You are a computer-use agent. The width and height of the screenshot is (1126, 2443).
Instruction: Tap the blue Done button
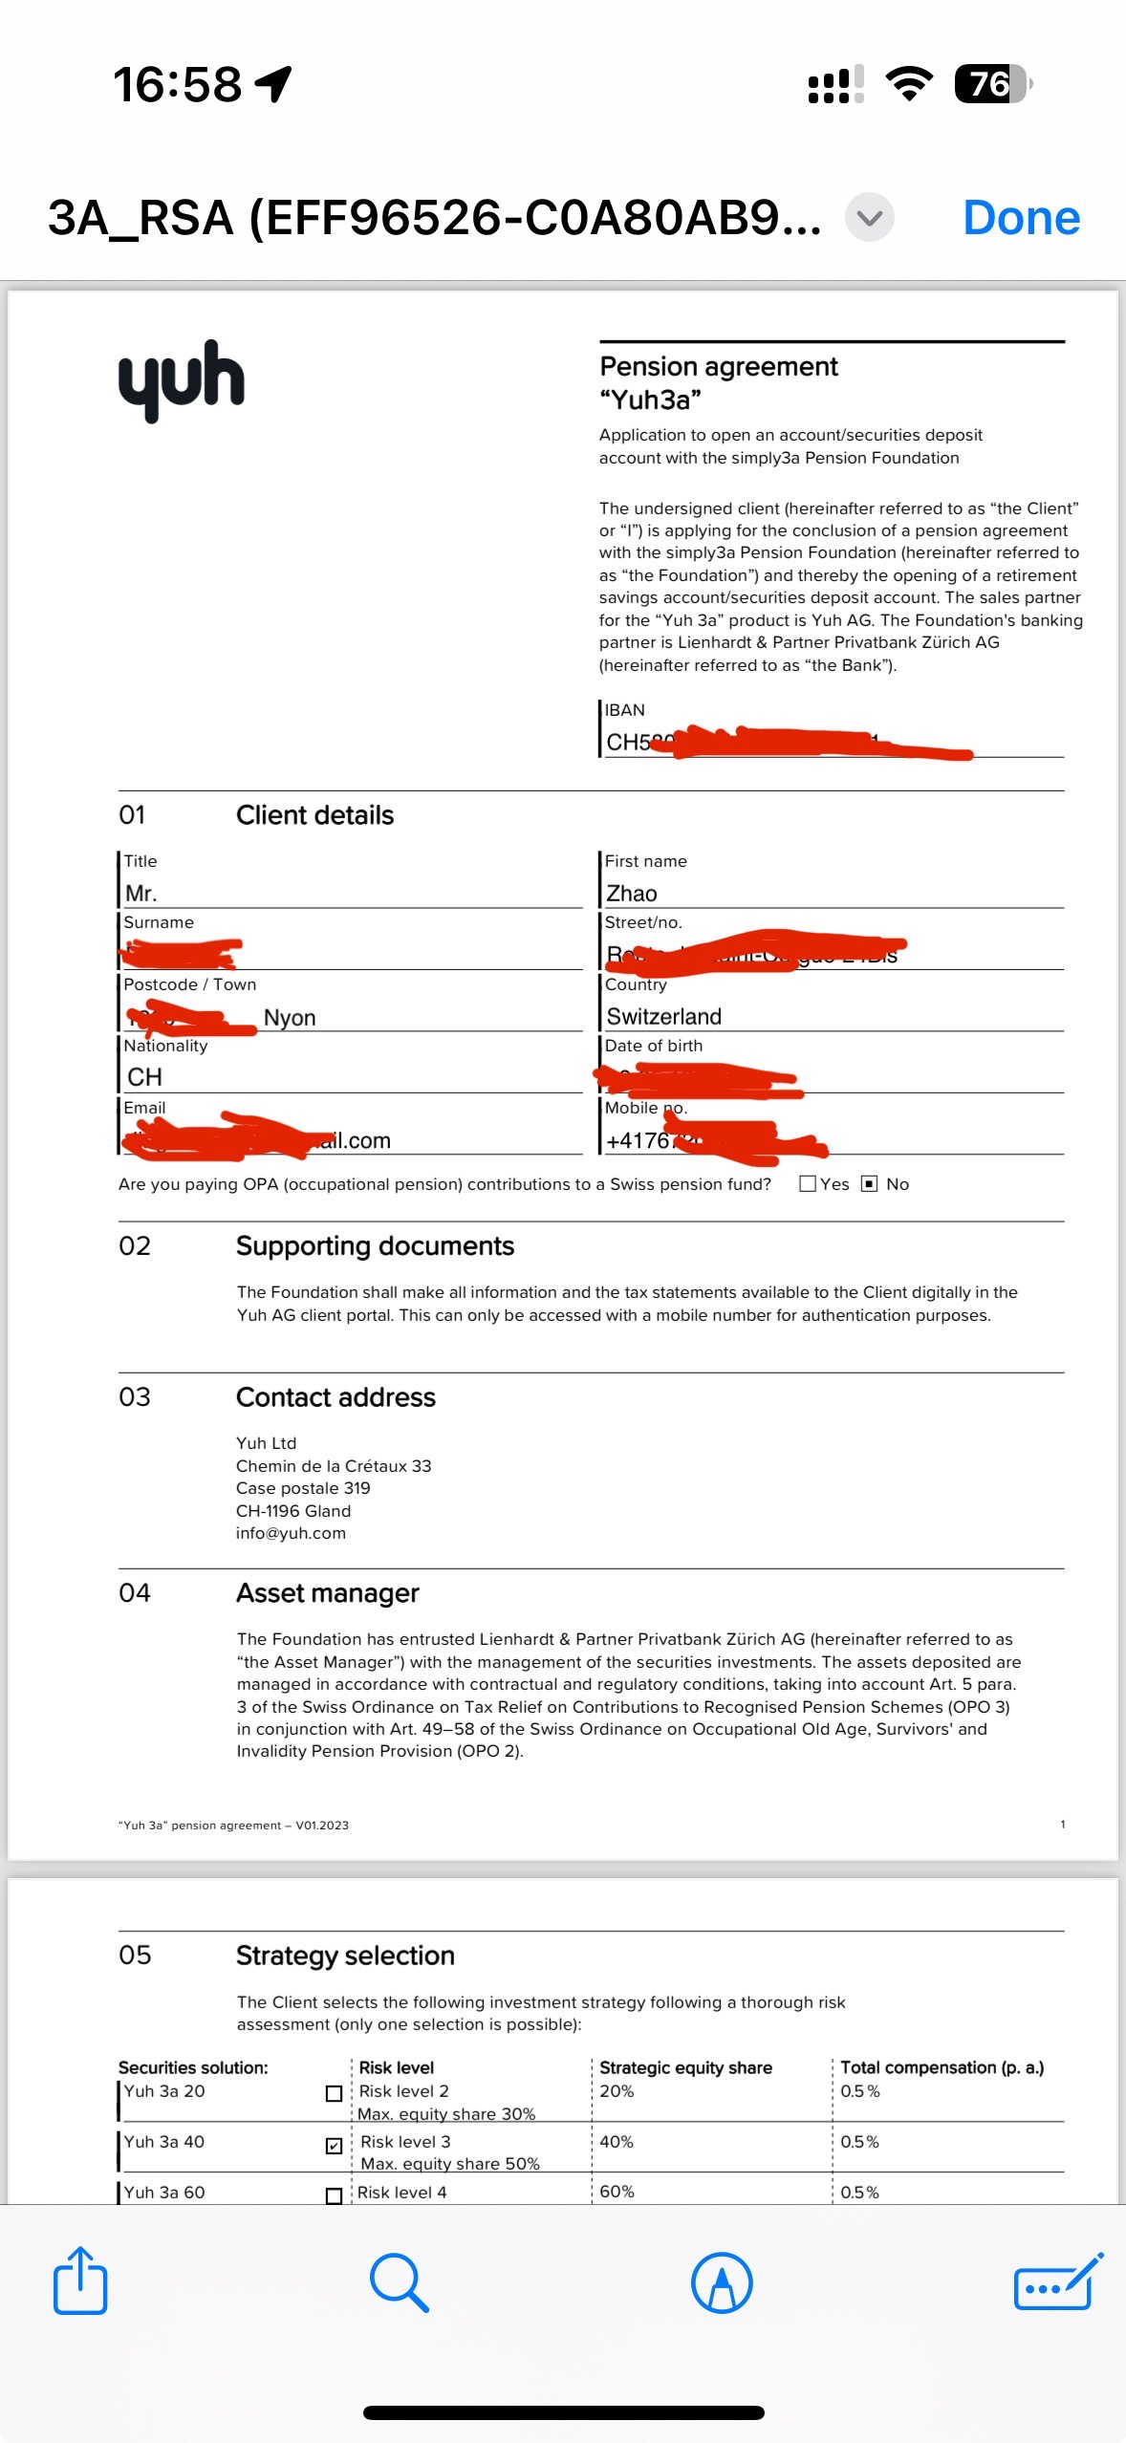click(x=1021, y=218)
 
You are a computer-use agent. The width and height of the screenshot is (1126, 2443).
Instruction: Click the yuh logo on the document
click(x=182, y=379)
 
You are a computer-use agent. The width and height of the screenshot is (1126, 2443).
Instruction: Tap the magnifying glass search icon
click(x=400, y=2281)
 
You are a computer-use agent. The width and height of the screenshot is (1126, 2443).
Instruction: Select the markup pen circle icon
click(x=722, y=2281)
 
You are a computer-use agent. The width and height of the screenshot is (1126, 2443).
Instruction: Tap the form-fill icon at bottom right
click(x=1057, y=2281)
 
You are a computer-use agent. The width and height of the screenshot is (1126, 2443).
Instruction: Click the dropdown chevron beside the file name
click(x=870, y=218)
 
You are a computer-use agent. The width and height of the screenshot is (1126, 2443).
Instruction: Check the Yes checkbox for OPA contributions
click(x=808, y=1183)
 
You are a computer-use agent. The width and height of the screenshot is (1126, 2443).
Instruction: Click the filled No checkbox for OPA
click(x=869, y=1183)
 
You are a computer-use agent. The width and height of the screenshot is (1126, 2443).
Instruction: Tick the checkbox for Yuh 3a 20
click(x=334, y=2093)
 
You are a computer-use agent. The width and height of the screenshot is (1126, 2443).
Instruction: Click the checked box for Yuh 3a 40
click(x=334, y=2145)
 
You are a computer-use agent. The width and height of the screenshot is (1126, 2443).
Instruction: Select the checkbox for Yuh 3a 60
click(x=334, y=2195)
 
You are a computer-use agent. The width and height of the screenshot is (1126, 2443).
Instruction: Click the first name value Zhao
click(x=632, y=893)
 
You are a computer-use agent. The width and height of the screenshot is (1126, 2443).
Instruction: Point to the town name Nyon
click(x=290, y=1017)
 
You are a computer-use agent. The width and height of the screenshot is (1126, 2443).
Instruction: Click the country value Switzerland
click(x=664, y=1016)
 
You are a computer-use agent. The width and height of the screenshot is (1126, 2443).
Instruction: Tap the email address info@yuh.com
click(x=291, y=1533)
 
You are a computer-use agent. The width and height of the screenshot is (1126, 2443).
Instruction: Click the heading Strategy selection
click(x=345, y=1955)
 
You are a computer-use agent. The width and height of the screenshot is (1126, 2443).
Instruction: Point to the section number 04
click(x=135, y=1592)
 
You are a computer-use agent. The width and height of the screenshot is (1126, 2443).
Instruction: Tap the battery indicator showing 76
click(x=992, y=84)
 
